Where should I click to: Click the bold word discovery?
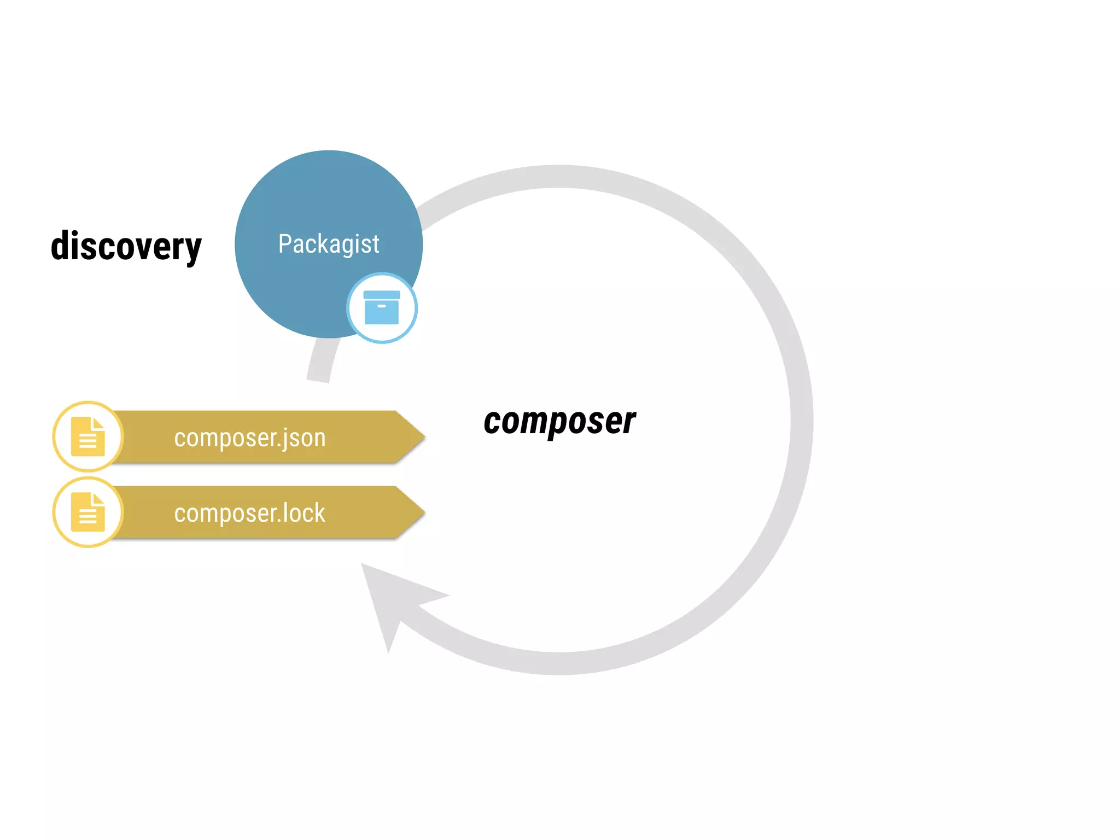(x=126, y=247)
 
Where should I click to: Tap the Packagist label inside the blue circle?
(x=329, y=244)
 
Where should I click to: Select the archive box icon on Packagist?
(x=382, y=308)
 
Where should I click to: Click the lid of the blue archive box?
(x=382, y=295)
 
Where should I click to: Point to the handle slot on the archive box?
(x=382, y=306)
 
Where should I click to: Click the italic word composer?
(x=559, y=422)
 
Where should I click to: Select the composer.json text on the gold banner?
(x=250, y=438)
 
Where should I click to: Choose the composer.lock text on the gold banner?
(x=250, y=514)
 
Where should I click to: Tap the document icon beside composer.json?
(x=88, y=436)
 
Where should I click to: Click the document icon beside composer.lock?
(x=88, y=512)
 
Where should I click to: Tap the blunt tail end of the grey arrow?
(x=318, y=377)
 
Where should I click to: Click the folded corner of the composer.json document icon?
(x=98, y=423)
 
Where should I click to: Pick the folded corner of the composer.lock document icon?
(x=98, y=498)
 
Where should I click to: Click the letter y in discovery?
(x=193, y=250)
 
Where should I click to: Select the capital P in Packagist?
(x=284, y=244)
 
